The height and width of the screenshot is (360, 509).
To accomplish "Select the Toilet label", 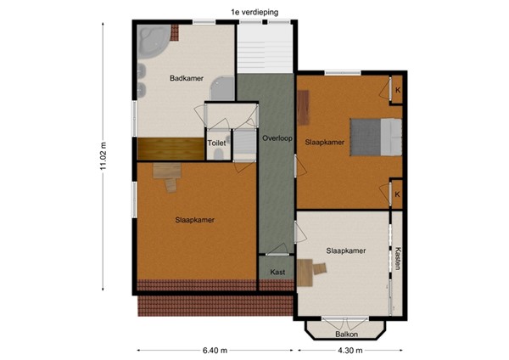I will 216,144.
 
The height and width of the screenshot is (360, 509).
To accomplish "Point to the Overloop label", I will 277,138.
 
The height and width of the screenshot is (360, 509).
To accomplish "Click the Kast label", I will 277,273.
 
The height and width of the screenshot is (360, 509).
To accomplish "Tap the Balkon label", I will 346,334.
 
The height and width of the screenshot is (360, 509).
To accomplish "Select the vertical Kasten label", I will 396,260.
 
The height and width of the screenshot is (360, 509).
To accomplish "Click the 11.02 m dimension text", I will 103,156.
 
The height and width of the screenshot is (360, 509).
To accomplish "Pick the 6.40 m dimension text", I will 215,350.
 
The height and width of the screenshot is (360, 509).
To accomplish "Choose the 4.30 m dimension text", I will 347,350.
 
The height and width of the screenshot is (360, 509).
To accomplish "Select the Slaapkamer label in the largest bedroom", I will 194,220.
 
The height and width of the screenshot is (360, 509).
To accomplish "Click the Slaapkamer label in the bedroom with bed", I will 324,143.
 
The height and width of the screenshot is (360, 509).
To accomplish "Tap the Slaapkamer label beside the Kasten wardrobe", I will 345,251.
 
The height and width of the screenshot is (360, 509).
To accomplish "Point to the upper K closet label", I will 396,89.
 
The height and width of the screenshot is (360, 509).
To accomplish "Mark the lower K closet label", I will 396,194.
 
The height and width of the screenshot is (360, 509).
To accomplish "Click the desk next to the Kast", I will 310,270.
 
